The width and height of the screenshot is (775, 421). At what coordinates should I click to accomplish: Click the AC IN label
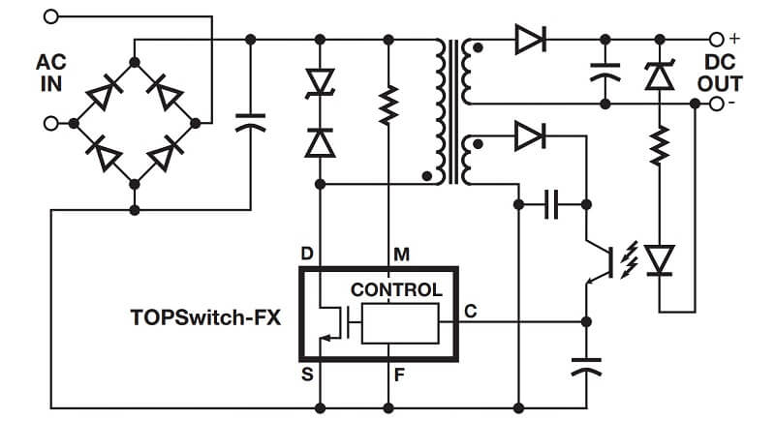50,72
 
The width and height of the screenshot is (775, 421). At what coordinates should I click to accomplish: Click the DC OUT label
720,73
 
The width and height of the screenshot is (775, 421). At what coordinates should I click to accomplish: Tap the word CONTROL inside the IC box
396,289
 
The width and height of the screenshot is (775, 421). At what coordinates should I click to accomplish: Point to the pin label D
307,255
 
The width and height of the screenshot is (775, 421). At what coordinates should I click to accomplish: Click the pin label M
401,255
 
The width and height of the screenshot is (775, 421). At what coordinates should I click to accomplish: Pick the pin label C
470,311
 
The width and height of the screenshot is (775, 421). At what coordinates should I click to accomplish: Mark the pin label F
400,371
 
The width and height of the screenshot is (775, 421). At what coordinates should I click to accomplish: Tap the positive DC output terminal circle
717,39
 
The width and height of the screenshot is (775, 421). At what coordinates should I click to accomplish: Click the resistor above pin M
388,105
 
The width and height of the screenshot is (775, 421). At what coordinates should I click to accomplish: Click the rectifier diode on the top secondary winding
529,40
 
